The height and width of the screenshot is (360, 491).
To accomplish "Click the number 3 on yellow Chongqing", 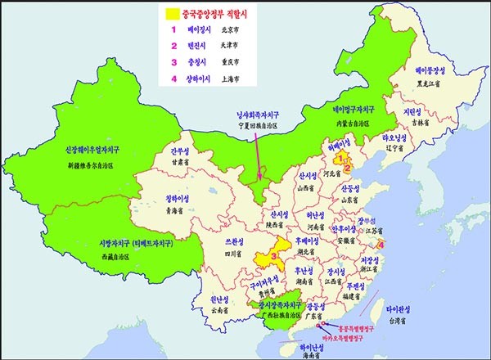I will click(x=262, y=255).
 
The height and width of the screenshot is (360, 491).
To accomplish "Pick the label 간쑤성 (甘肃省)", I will click(x=181, y=151).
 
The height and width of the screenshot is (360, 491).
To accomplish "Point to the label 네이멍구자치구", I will click(x=354, y=110).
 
